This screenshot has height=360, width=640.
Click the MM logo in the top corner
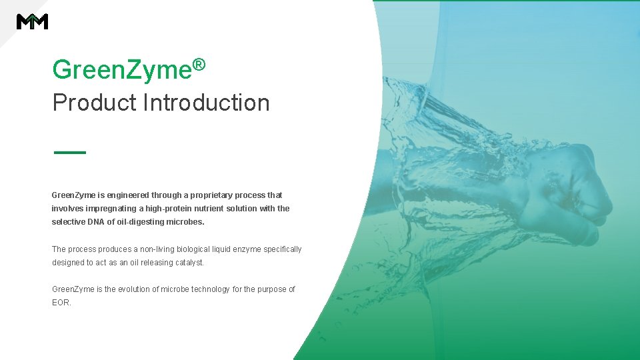pos(32,21)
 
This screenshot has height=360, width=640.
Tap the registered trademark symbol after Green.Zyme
pos(198,65)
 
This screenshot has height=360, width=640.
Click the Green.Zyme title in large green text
pos(121,69)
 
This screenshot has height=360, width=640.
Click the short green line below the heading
pos(69,153)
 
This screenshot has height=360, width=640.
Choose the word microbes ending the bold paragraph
pos(186,222)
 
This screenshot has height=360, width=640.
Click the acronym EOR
pos(61,303)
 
